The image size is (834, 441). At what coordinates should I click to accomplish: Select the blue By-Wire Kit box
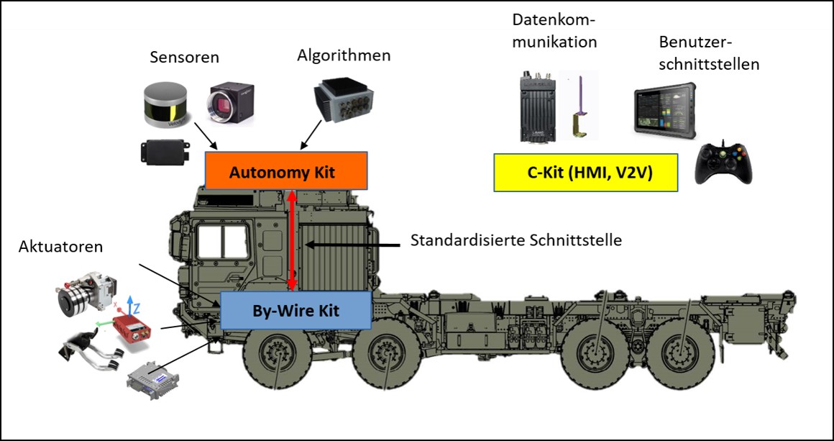click(x=295, y=311)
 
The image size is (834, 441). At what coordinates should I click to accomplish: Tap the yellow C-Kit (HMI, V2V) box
click(x=586, y=173)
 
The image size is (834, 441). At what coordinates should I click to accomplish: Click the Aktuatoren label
click(x=62, y=247)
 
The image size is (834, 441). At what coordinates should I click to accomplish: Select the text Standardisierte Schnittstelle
click(x=515, y=240)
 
